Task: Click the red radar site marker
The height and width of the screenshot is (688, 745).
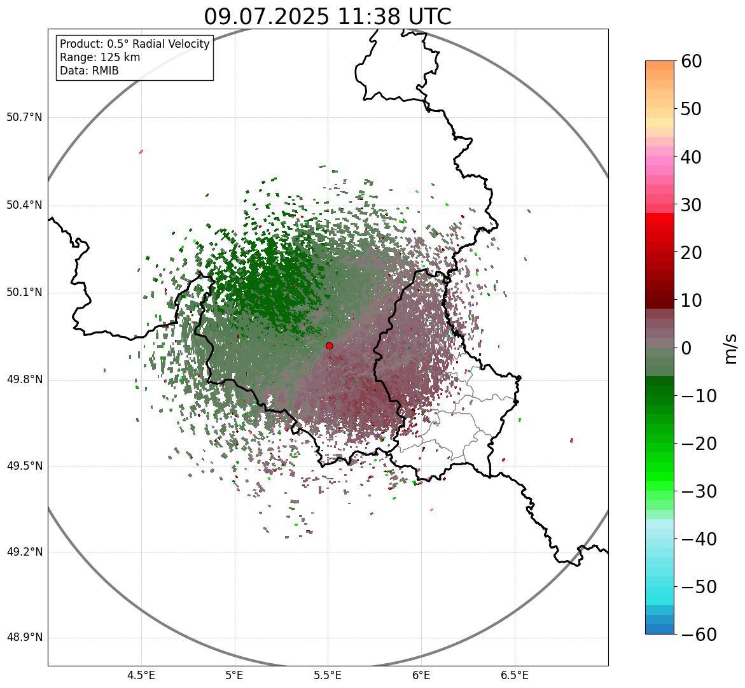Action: [x=329, y=346]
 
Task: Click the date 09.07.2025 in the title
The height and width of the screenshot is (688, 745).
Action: [x=267, y=17]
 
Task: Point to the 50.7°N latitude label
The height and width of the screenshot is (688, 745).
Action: [x=25, y=118]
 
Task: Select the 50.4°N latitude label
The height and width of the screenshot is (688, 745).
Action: [x=25, y=205]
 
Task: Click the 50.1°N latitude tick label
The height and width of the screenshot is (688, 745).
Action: [x=25, y=293]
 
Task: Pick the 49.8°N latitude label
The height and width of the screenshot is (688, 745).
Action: [x=25, y=380]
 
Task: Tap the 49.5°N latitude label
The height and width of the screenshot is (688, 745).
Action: [x=25, y=466]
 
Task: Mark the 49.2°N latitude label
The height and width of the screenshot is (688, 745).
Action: [x=25, y=552]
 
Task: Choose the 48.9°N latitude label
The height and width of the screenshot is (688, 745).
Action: [x=25, y=638]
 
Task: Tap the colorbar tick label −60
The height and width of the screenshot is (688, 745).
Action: [x=697, y=635]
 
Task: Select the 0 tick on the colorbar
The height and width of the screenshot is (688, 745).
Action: [x=686, y=348]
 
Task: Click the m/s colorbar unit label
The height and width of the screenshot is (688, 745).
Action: [x=731, y=348]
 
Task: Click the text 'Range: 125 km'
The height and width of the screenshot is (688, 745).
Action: [x=100, y=57]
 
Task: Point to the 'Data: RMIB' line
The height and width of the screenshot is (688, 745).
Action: [x=89, y=71]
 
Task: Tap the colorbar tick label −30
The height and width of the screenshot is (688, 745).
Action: [x=697, y=491]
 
